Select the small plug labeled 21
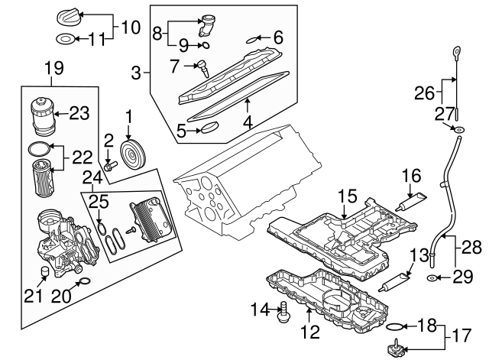pos(46,274)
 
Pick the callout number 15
pos(347,197)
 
